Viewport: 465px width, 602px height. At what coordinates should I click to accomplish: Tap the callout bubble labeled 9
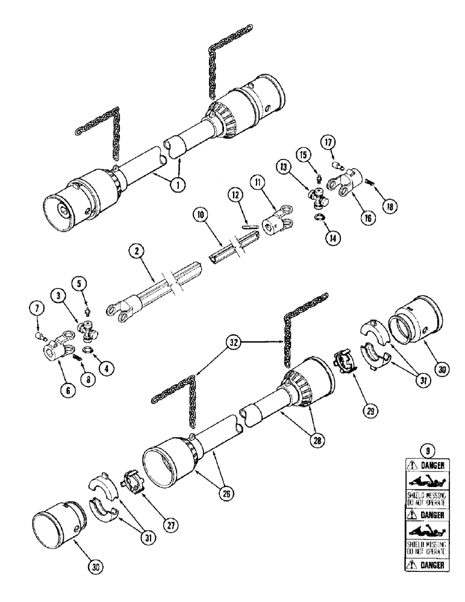tap(426, 449)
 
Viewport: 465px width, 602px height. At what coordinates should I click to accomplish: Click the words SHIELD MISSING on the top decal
tap(426, 495)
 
